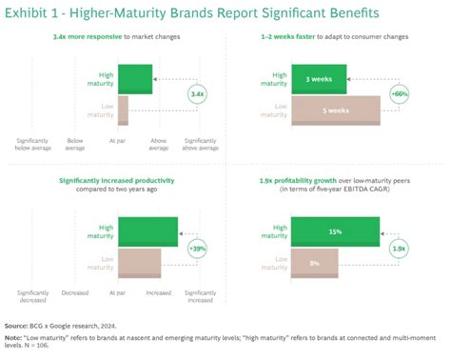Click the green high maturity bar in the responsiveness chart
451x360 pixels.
coord(134,79)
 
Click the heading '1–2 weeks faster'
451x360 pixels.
coord(300,35)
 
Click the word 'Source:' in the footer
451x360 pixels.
coord(18,325)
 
